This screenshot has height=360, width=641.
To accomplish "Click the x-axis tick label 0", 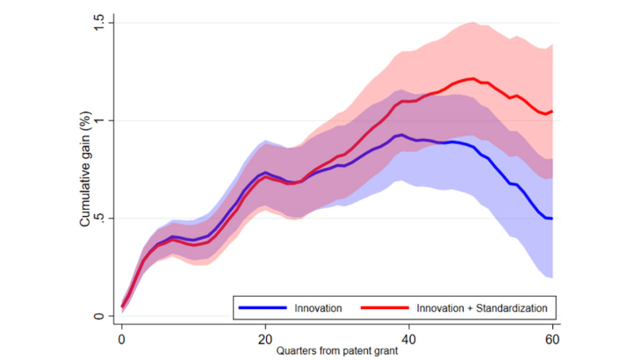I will [121, 338].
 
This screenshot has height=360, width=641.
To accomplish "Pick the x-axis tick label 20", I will [265, 338].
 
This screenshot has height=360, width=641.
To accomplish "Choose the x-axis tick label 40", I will [409, 338].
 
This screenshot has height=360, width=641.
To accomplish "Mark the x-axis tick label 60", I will [553, 338].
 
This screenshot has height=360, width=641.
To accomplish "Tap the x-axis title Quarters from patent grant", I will [337, 350].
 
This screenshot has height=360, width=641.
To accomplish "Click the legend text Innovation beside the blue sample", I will [319, 307].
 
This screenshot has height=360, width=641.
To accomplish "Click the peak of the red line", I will [474, 79].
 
